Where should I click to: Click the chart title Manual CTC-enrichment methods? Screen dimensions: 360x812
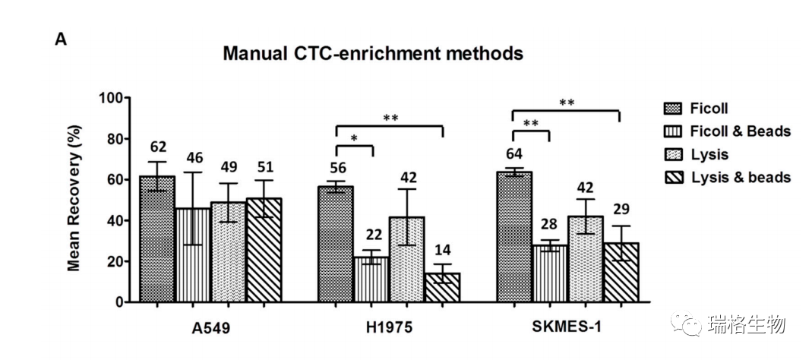(x=373, y=54)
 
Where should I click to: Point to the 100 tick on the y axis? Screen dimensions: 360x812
(x=112, y=99)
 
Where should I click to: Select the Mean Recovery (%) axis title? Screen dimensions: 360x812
(x=74, y=200)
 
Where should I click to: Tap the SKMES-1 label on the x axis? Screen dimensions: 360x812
(x=567, y=328)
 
